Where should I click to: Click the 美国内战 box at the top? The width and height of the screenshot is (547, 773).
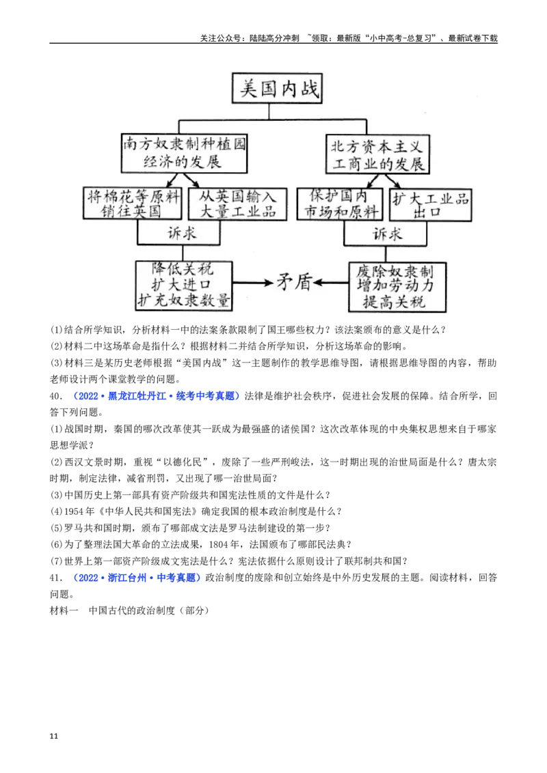[277, 88]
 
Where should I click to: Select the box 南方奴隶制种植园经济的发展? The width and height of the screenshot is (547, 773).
[184, 152]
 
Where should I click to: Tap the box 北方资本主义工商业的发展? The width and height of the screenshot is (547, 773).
[377, 154]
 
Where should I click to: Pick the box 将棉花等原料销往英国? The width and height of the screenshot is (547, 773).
[133, 203]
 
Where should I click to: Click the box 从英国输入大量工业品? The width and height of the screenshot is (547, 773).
[237, 203]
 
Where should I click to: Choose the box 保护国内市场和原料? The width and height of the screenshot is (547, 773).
[340, 203]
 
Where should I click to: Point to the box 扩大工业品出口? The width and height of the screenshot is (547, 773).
[431, 205]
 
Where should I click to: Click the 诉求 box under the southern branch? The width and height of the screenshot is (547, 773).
[178, 233]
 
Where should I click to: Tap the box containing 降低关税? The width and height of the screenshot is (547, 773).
[184, 285]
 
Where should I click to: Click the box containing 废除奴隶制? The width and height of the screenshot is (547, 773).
[397, 287]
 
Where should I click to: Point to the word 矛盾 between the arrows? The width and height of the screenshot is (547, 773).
[294, 283]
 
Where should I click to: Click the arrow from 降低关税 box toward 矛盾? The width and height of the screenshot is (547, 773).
[253, 283]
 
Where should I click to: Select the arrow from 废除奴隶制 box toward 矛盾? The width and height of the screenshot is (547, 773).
[331, 283]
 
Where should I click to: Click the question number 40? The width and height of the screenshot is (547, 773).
[56, 396]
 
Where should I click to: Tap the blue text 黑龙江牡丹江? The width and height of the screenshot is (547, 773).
[137, 396]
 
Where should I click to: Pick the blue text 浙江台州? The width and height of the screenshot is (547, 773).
[127, 578]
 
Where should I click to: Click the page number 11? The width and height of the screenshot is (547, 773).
[54, 736]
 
